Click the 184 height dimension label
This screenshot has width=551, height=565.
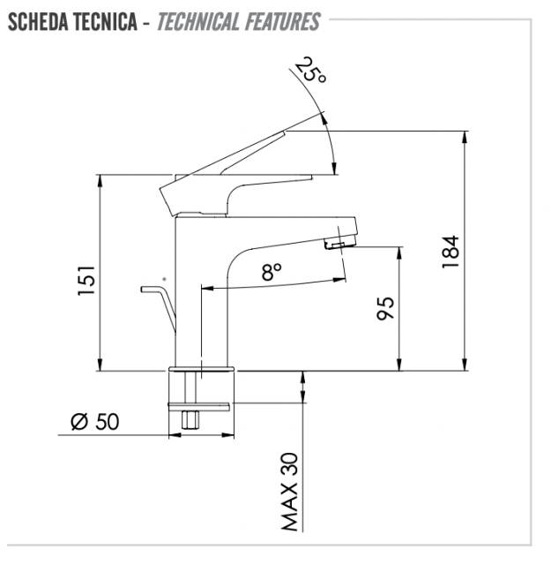[450, 252]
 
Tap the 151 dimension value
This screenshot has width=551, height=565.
[86, 281]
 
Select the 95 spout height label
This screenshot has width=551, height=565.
[385, 308]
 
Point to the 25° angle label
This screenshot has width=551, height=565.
[310, 71]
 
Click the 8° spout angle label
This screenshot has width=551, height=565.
[272, 272]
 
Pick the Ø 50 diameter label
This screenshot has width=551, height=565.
[94, 422]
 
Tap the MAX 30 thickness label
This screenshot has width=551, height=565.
[290, 492]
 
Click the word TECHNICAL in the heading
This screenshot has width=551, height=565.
[198, 21]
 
